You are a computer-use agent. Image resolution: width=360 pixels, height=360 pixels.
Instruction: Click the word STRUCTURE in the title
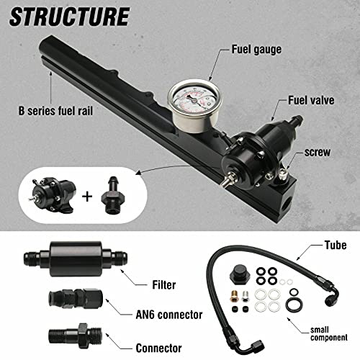click(x=69, y=15)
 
